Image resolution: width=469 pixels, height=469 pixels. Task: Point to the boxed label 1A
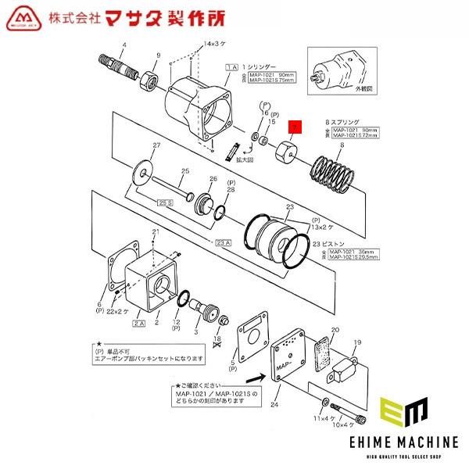(231, 69)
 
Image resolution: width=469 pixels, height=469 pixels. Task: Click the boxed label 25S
(165, 203)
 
